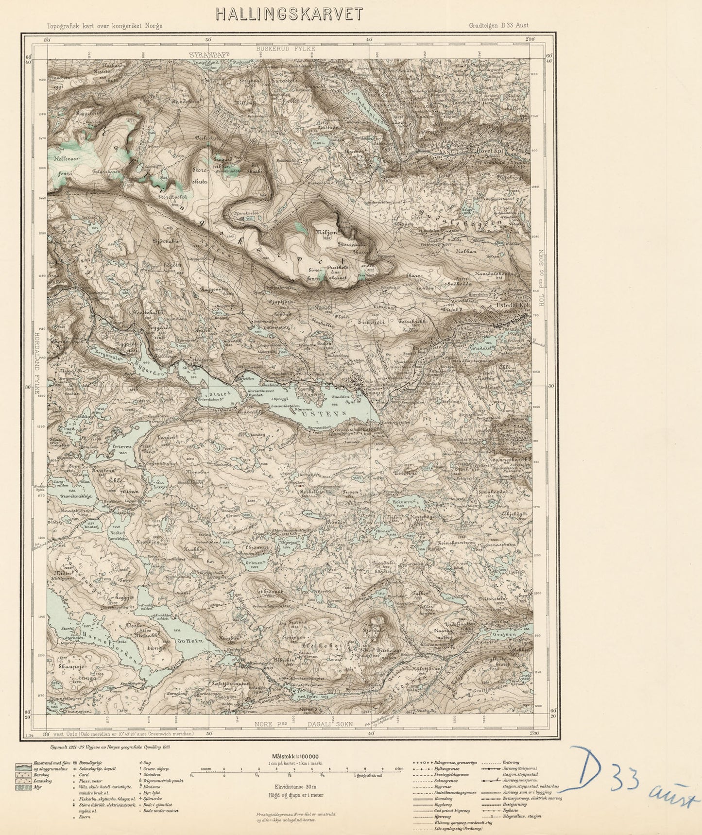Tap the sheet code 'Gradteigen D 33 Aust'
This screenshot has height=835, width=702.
[x=499, y=26]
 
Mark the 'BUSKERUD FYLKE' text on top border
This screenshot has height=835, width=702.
[x=286, y=49]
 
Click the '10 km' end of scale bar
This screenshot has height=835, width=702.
[x=399, y=769]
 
